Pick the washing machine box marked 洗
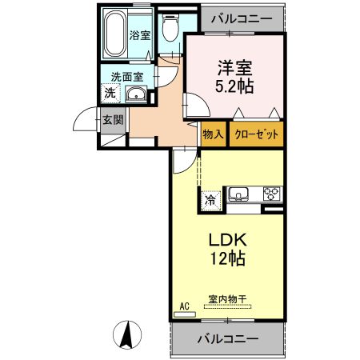point(109,94)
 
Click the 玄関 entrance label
point(112,120)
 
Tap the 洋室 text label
point(232,68)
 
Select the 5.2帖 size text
point(233,87)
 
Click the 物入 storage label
point(213,135)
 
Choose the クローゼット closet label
point(257,135)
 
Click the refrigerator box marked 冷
point(210,201)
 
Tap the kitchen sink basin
point(238,194)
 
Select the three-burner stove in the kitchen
point(271,194)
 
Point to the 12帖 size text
point(226,259)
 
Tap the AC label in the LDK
point(184,306)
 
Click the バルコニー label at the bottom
point(227,339)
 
